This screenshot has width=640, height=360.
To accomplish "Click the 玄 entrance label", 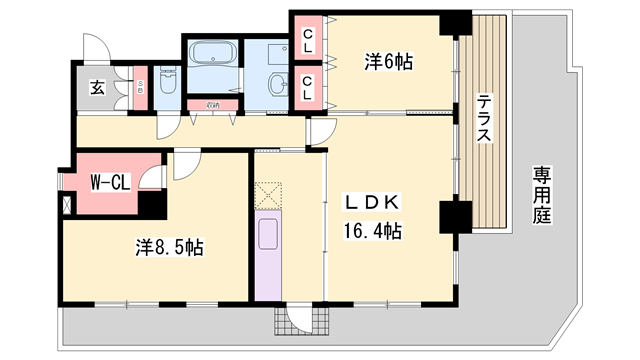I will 98,88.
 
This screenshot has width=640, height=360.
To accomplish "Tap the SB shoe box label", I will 141,88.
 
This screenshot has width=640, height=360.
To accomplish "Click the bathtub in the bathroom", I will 211,53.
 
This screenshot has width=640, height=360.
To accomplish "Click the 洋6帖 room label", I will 387,62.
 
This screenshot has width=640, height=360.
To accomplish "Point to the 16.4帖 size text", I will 374,232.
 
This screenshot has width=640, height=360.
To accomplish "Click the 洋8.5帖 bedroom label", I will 168,248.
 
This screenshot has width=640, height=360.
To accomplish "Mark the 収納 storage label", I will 213,104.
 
